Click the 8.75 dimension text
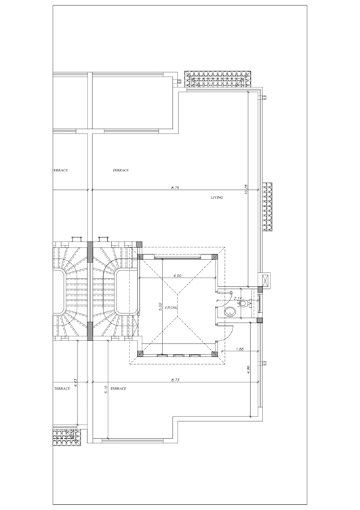click(x=175, y=187)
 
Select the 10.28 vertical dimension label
click(x=247, y=191)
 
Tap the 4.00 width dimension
click(x=178, y=276)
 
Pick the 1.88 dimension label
click(x=240, y=349)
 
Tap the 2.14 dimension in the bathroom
click(x=237, y=298)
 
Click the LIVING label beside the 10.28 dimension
click(x=217, y=197)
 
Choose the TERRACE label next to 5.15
click(x=118, y=389)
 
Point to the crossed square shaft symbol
click(x=264, y=278)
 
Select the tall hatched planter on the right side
click(x=268, y=207)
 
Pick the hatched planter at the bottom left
click(x=66, y=436)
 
